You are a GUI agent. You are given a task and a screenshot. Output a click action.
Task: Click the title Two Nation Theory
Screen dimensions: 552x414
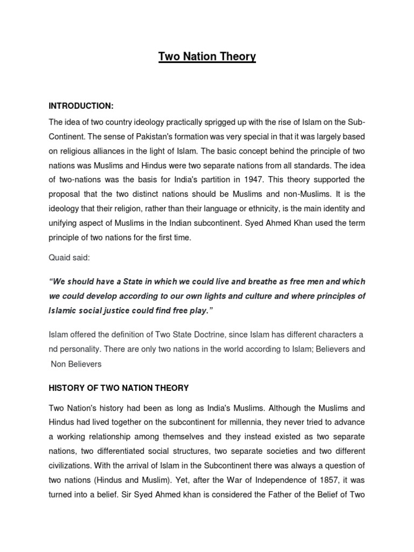(x=207, y=57)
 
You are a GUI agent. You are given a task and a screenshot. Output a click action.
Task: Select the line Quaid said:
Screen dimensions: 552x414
(x=70, y=258)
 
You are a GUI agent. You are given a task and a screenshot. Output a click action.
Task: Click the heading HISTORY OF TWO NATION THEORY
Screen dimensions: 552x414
(x=119, y=388)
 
